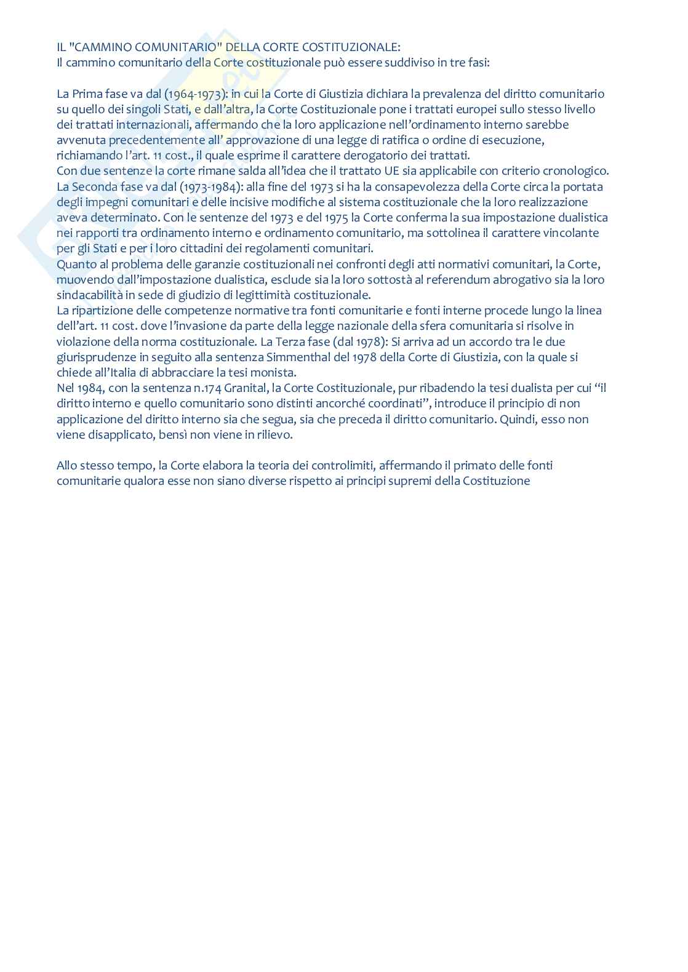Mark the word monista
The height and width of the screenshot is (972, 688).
pyautogui.click(x=275, y=372)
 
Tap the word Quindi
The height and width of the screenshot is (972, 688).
pyautogui.click(x=554, y=419)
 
